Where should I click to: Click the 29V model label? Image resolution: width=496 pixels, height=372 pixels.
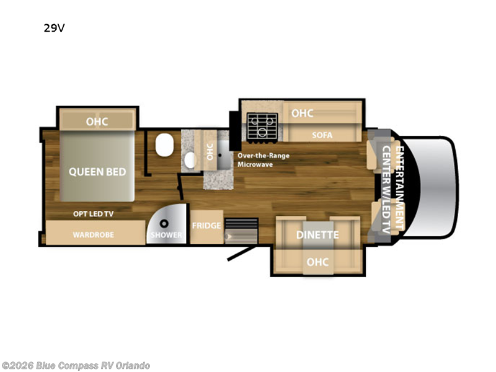(54, 28)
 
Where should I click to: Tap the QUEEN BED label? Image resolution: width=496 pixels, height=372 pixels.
(97, 172)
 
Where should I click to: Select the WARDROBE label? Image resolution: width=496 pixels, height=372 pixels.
(94, 235)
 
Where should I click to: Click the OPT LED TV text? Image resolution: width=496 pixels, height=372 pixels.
(94, 214)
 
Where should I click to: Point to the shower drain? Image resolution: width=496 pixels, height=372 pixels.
(164, 224)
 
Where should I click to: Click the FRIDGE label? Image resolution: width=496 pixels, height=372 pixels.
(206, 226)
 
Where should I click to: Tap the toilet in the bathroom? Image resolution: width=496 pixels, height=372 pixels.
(164, 144)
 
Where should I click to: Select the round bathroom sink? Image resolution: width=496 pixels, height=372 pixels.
(190, 160)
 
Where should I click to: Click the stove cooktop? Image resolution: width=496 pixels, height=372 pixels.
(262, 126)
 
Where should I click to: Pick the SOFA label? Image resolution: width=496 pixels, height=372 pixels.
(322, 135)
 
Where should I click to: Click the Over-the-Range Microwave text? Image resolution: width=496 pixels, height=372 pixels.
(263, 160)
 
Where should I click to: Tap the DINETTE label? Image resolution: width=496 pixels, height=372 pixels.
(317, 235)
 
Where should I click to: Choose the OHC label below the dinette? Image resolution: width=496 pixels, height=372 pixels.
(317, 262)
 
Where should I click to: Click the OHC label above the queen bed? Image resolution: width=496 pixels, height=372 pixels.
(97, 122)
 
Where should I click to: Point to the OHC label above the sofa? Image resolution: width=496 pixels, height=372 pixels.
(303, 113)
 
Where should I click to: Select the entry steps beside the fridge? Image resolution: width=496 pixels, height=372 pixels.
(241, 231)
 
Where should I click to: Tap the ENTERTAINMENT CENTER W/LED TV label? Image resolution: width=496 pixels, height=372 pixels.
(393, 190)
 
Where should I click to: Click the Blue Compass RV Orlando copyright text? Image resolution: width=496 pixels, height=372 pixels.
(76, 365)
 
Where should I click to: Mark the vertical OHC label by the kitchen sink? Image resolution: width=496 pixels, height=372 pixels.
(210, 152)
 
